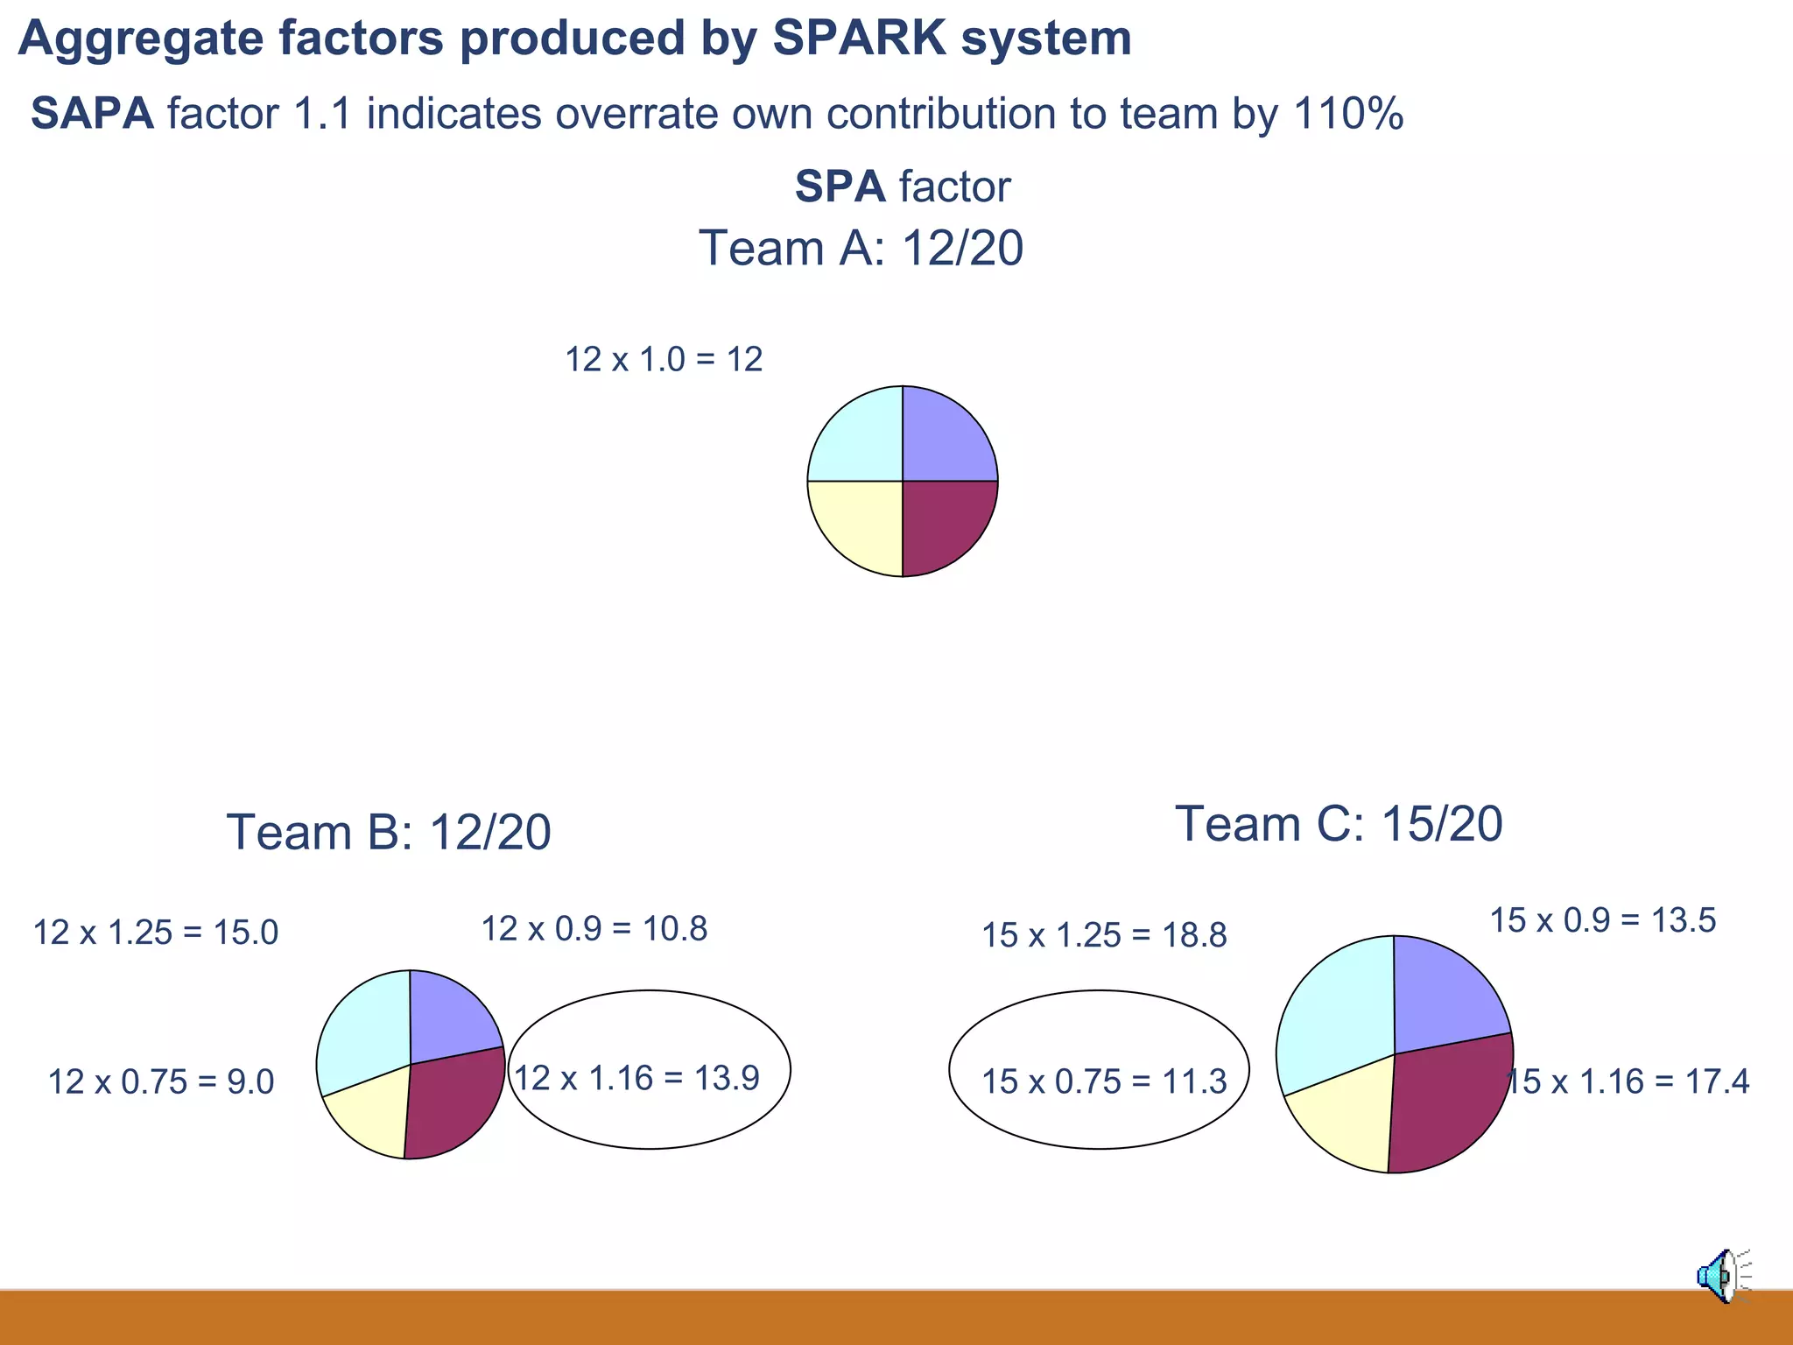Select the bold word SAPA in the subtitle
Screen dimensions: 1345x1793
pos(93,114)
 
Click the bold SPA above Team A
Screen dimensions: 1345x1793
pos(840,187)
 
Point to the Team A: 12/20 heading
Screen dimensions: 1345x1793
pos(861,248)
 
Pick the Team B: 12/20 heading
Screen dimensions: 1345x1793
pos(389,832)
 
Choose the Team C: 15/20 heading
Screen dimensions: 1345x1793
pos(1339,824)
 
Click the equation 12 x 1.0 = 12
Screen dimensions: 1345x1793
pos(664,360)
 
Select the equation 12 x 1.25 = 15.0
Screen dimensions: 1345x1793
pos(155,933)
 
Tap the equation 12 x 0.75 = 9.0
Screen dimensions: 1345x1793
pos(161,1082)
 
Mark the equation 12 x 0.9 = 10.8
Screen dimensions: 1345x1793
pos(594,929)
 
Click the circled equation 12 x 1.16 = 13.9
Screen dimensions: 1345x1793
pos(636,1078)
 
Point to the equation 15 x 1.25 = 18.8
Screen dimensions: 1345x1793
pos(1104,936)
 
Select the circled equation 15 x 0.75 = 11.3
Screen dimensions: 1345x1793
pos(1104,1082)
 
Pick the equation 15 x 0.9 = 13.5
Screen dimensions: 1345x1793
pos(1603,920)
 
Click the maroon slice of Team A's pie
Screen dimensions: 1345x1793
pos(941,521)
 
